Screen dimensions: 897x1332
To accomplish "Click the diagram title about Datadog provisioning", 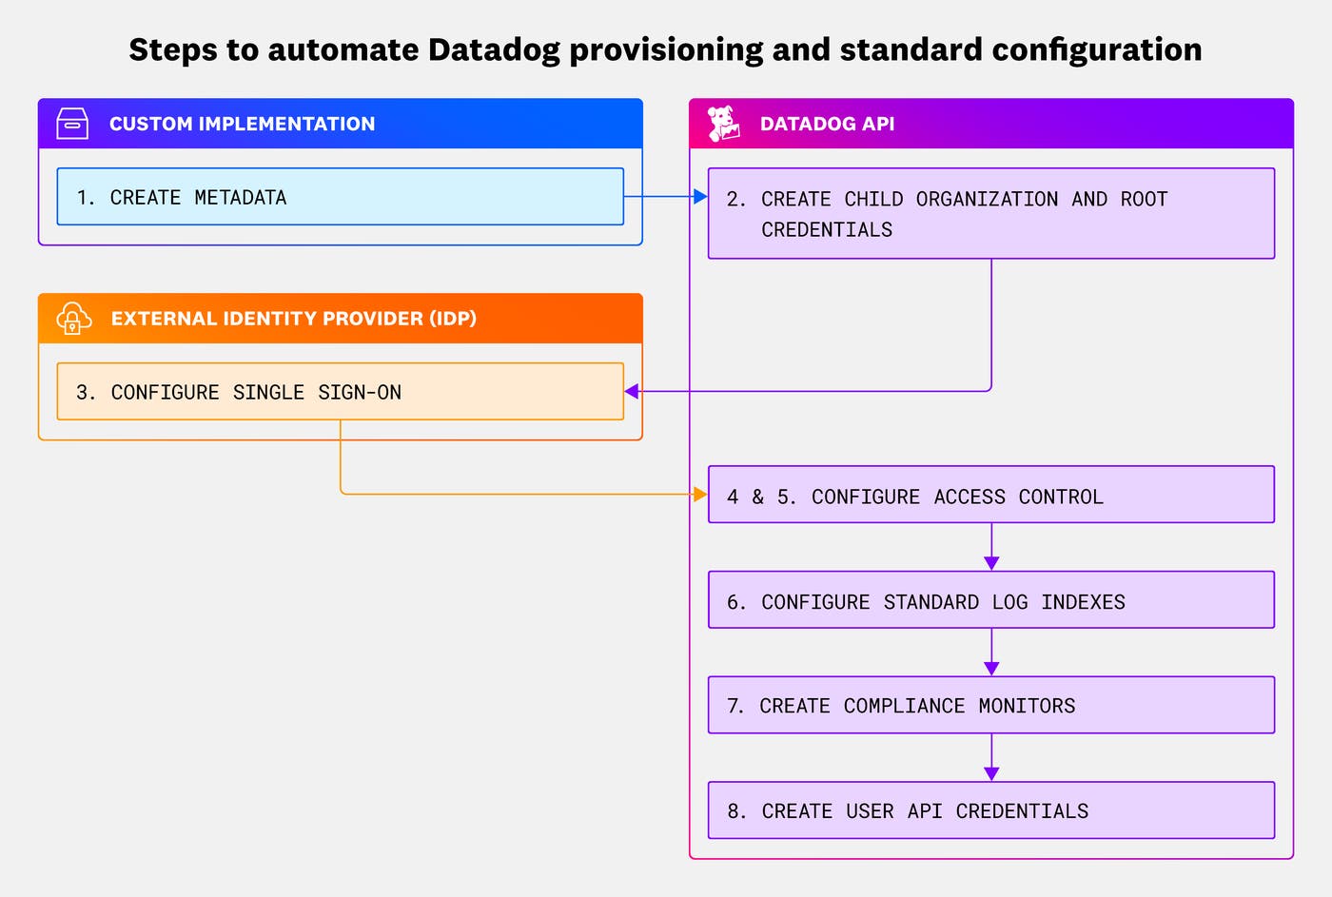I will (665, 49).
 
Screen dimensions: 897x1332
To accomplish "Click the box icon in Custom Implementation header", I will (72, 124).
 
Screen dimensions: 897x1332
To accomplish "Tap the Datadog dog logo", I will (723, 124).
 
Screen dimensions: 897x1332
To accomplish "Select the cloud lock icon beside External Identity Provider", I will (73, 319).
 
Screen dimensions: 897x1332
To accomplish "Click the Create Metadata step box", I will (340, 197).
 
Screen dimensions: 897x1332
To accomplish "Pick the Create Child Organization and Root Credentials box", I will (990, 213).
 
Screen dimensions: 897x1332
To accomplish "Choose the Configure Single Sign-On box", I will (340, 391).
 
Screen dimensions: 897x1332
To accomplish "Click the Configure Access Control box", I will (990, 495).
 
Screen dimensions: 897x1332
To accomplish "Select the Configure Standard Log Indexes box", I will (990, 600).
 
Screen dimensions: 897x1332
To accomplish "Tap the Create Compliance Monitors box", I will (990, 705).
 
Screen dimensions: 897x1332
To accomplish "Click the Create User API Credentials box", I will (990, 810).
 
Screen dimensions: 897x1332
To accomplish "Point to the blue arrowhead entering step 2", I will (700, 197).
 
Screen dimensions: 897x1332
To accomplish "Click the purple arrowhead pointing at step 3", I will (632, 391).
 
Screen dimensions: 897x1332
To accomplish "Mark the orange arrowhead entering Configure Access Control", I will (700, 495).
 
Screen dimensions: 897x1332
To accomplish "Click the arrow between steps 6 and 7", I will (991, 656).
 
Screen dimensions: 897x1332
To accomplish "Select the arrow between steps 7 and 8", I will (991, 761).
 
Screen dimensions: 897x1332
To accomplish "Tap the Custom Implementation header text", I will (242, 124).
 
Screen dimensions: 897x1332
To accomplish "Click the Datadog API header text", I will (827, 124).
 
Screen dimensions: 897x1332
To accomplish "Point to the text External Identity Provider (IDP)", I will (293, 319).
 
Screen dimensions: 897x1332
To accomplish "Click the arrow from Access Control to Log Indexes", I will (991, 551).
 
